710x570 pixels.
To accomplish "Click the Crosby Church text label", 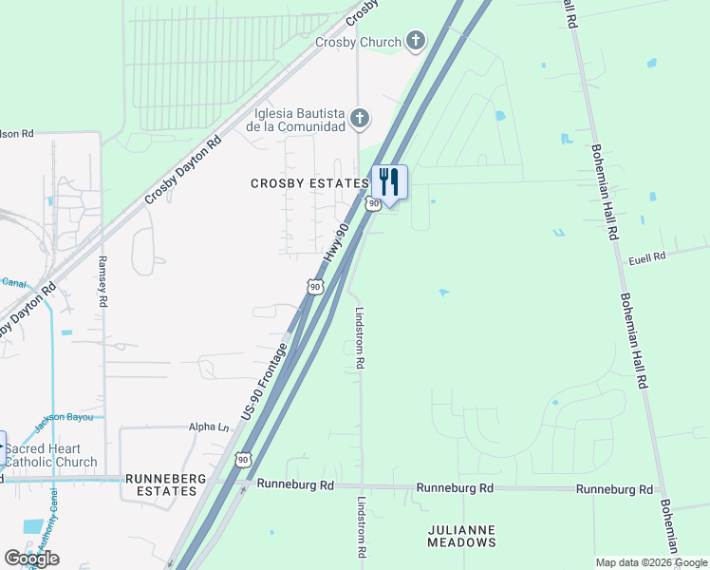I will pyautogui.click(x=357, y=43).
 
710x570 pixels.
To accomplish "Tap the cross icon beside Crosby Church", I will pyautogui.click(x=414, y=41).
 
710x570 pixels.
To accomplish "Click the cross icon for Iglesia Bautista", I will pyautogui.click(x=359, y=119).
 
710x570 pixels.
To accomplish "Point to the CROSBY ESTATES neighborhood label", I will pyautogui.click(x=308, y=183).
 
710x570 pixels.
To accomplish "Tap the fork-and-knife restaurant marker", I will pyautogui.click(x=389, y=180).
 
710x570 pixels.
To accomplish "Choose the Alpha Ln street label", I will pyautogui.click(x=210, y=428).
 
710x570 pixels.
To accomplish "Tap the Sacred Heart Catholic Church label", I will pyautogui.click(x=55, y=455).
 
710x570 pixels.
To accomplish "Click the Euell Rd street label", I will pyautogui.click(x=647, y=256).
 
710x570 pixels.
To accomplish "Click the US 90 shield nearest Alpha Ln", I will pyautogui.click(x=244, y=460).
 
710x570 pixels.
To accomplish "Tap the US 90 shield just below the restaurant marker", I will pyautogui.click(x=374, y=203).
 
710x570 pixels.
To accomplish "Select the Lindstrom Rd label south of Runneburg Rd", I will pyautogui.click(x=362, y=526).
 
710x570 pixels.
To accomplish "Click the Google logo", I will pyautogui.click(x=31, y=558).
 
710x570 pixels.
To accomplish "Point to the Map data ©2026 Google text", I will pyautogui.click(x=651, y=562).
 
